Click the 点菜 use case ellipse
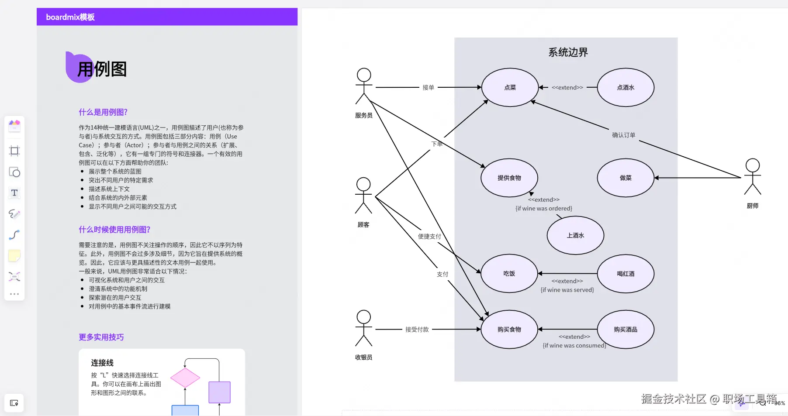510,87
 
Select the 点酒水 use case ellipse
626,87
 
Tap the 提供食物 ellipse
509,178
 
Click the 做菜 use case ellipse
626,178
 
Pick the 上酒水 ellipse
575,235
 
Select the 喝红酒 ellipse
626,274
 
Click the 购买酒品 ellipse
626,330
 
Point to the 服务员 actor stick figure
363,86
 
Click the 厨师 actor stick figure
752,177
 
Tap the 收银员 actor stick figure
363,328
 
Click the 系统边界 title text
568,52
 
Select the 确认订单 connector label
623,135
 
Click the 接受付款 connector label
417,330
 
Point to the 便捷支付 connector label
429,236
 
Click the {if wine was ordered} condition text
543,209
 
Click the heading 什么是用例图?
103,112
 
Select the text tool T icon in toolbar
14,193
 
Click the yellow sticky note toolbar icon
14,256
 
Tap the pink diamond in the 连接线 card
185,378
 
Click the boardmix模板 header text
70,17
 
